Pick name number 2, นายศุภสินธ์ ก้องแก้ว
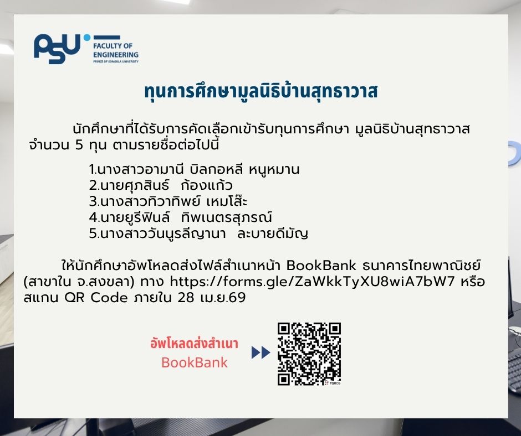tap(161, 185)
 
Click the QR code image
tap(309, 354)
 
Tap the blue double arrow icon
tap(260, 352)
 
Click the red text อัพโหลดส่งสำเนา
tap(194, 344)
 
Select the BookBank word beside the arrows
tap(194, 363)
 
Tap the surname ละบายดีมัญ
tap(272, 233)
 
